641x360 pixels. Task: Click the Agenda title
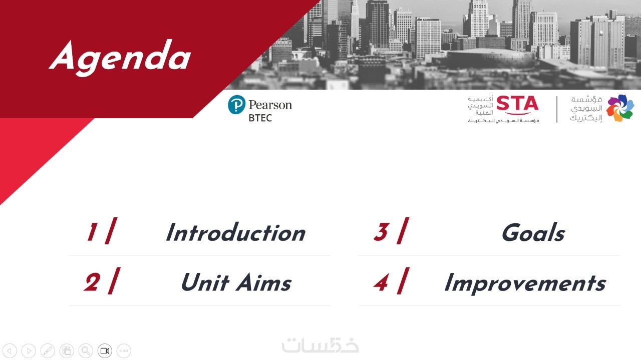tap(120, 57)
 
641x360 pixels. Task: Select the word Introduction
tap(236, 233)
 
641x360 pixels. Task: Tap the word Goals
tap(533, 233)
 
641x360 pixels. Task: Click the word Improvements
tap(525, 283)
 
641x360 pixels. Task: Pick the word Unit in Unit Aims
tap(205, 282)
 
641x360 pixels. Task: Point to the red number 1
tap(92, 232)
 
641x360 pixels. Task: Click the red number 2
tap(92, 282)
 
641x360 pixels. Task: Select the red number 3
tap(381, 232)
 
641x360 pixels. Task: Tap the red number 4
tap(381, 283)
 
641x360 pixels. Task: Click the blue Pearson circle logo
tap(237, 105)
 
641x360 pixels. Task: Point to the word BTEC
tap(260, 118)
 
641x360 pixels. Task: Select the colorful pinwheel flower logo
tap(620, 108)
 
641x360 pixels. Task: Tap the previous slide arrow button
tap(10, 350)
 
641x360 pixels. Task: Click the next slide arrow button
tap(29, 350)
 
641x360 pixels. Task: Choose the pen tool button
tap(48, 350)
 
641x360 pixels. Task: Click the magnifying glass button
tap(86, 350)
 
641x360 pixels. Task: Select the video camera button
tap(105, 350)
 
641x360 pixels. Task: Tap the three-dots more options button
tap(124, 350)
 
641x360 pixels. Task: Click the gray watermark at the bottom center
tap(320, 345)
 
